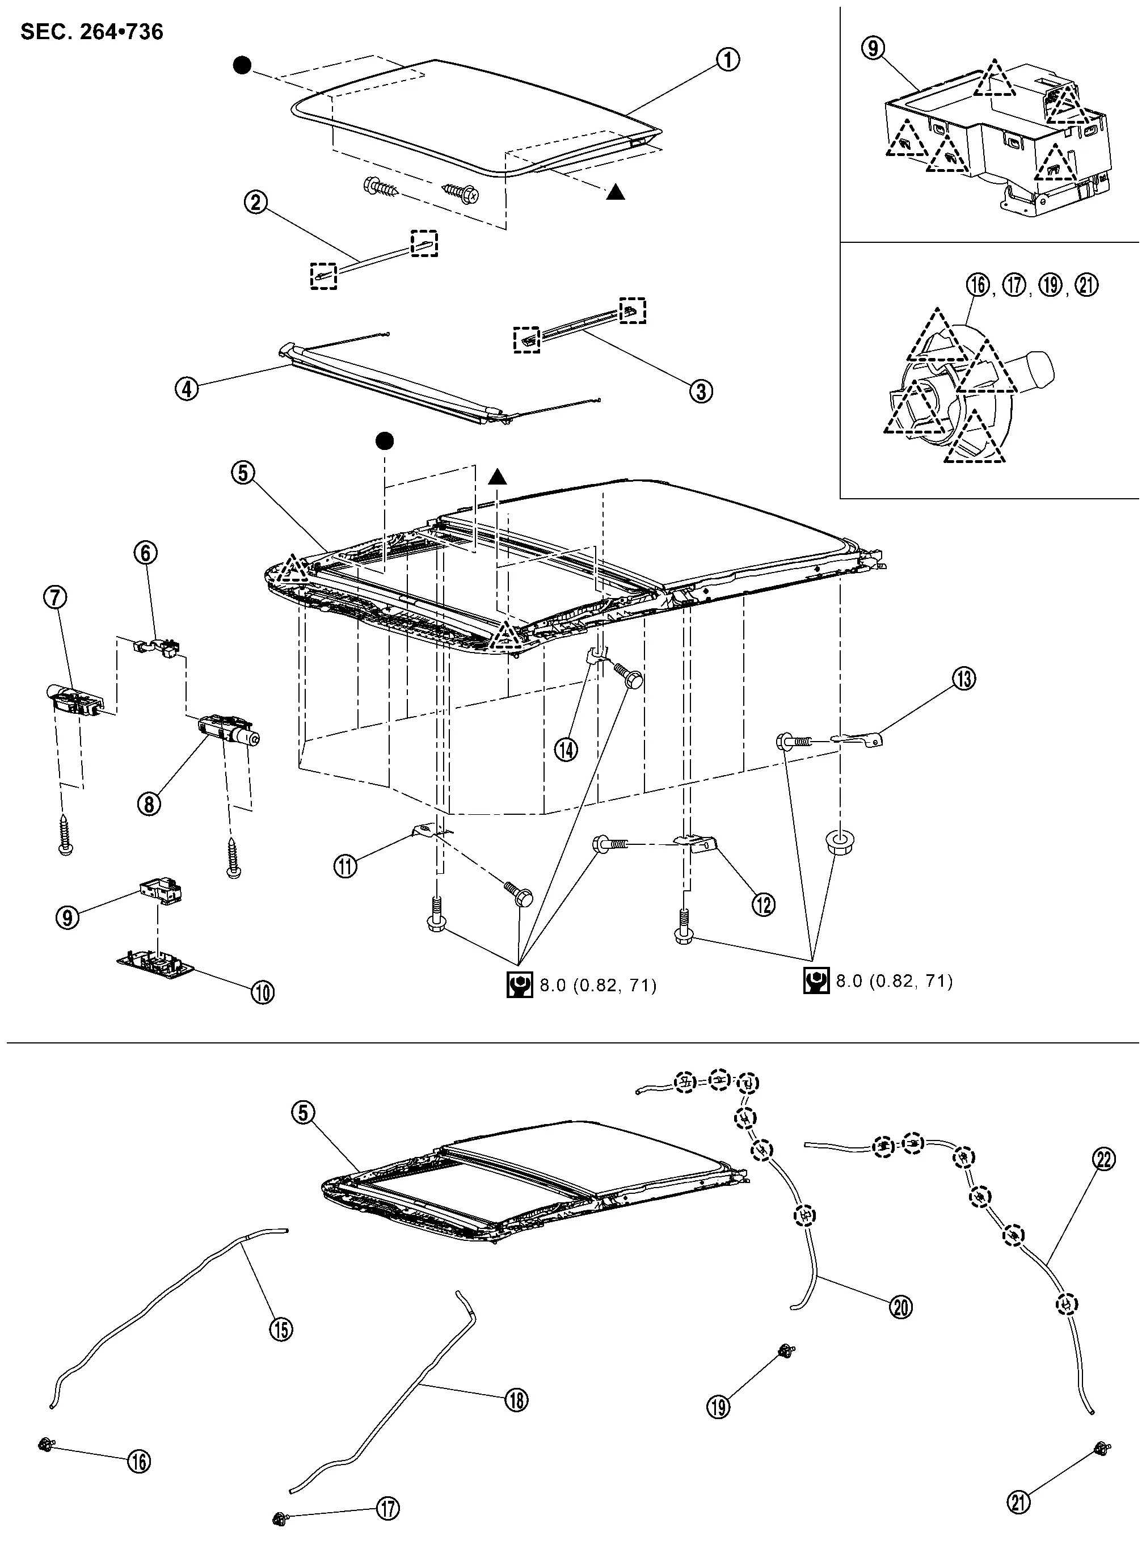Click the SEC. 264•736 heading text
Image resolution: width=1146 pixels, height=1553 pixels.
[91, 32]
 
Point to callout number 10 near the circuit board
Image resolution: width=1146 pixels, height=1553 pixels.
[262, 992]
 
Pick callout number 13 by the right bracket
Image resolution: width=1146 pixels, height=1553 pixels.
[964, 679]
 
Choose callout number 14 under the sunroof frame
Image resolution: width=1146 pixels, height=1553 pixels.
[566, 749]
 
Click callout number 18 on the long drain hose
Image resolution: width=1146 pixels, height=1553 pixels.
[517, 1400]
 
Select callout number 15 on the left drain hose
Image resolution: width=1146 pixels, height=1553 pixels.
[281, 1329]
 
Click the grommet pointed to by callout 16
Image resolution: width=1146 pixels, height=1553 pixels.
[46, 1444]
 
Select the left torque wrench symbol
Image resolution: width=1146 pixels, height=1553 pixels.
[519, 985]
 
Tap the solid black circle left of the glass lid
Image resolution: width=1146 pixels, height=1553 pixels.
[242, 66]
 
